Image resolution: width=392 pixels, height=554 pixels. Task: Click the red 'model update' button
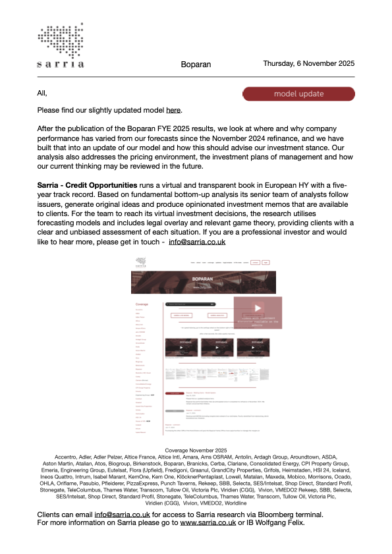pyautogui.click(x=298, y=94)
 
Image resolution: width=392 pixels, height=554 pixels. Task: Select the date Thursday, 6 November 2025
pyautogui.click(x=308, y=63)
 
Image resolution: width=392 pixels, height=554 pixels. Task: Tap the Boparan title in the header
pyautogui.click(x=196, y=65)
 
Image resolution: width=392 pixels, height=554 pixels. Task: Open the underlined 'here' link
pyautogui.click(x=173, y=110)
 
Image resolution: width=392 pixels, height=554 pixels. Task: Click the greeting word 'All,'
pyautogui.click(x=43, y=93)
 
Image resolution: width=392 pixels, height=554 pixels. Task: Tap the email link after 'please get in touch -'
pyautogui.click(x=197, y=242)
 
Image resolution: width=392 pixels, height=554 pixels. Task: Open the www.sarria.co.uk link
pyautogui.click(x=198, y=541)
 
